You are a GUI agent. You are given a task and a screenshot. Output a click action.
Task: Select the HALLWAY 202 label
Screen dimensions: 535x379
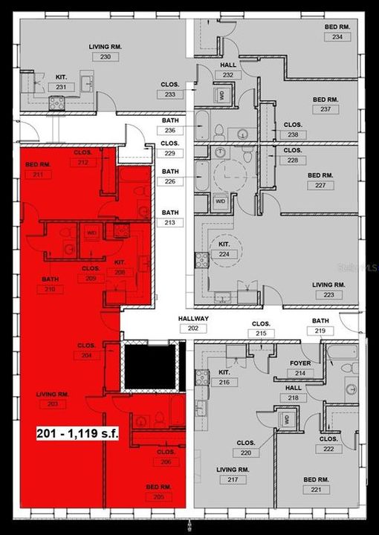coord(194,328)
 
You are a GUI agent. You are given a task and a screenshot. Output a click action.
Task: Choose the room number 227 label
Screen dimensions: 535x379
coord(320,186)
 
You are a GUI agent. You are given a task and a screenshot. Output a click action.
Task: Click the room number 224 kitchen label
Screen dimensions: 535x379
coord(223,254)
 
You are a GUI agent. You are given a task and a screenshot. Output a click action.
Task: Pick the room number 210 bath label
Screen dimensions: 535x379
coord(50,290)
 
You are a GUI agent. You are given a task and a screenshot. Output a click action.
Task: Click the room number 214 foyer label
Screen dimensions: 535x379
coord(299,373)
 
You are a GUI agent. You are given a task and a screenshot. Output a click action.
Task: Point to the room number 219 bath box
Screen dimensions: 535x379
coord(320,331)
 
